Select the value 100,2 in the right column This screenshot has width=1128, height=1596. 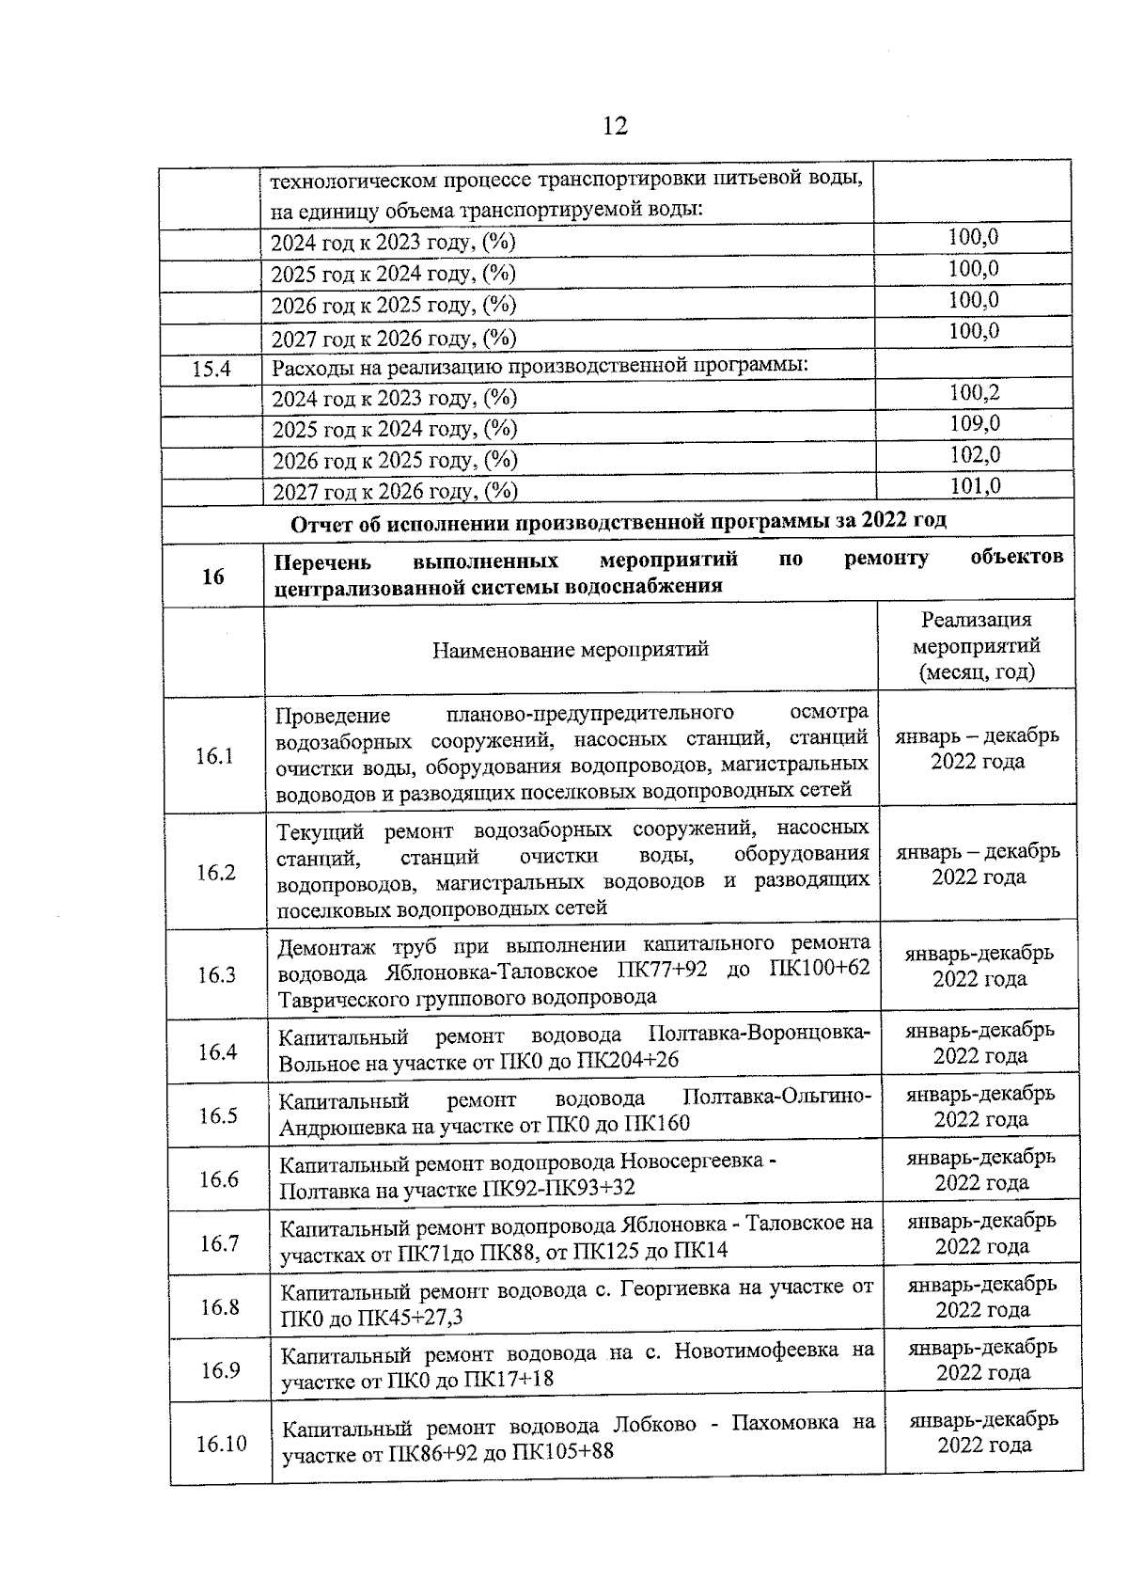point(974,393)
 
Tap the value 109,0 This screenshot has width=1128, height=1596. point(974,424)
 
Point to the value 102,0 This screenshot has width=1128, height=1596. point(975,455)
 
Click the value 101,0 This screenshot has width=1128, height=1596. point(975,486)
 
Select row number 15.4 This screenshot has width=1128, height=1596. point(211,370)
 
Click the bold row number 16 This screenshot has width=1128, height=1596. point(213,576)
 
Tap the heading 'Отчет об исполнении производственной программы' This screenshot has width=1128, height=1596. point(619,521)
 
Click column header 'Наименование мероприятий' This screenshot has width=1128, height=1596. point(571,650)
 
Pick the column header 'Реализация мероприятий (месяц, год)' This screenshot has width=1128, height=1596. point(977,646)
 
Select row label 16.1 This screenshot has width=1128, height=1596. point(214,756)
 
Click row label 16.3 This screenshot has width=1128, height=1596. point(216,975)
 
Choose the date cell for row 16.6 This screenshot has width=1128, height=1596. point(980,1170)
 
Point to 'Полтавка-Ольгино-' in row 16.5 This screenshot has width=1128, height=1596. point(776,1098)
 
